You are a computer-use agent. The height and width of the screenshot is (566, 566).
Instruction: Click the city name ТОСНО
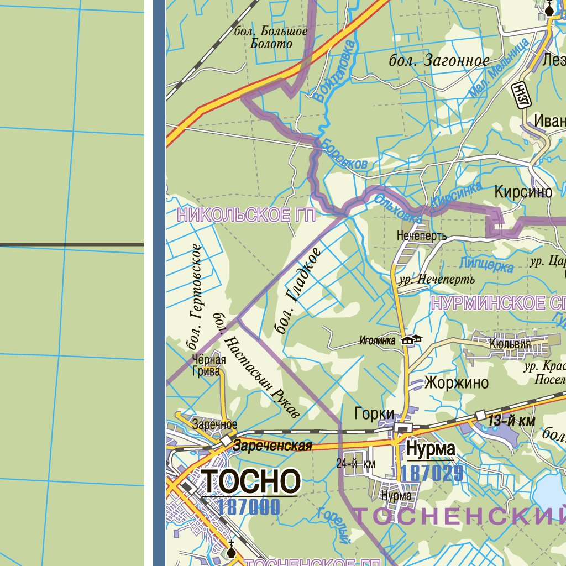(251, 481)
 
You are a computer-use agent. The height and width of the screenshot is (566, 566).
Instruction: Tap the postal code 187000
(249, 507)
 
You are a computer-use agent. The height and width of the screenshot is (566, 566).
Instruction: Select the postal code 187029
(432, 473)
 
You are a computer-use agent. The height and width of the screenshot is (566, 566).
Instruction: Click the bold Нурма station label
(431, 449)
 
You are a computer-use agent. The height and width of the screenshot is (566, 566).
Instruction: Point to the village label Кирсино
(523, 192)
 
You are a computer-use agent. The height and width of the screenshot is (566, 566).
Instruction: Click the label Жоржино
(457, 382)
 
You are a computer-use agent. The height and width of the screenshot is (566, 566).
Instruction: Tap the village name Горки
(374, 413)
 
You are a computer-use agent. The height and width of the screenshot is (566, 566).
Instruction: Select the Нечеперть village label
(421, 236)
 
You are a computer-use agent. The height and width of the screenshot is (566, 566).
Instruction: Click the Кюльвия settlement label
(510, 344)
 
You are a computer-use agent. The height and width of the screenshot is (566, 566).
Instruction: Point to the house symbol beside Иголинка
(412, 339)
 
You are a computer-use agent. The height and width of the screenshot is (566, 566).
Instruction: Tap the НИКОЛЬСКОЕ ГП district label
(246, 216)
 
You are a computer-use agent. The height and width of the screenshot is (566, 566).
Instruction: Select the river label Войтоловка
(332, 71)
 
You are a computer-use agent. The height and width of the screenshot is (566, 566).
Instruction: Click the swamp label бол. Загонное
(439, 61)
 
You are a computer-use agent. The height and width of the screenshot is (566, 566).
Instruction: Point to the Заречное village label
(214, 424)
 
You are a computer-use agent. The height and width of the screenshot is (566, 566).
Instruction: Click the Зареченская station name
(272, 446)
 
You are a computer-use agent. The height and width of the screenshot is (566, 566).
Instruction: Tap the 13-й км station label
(511, 422)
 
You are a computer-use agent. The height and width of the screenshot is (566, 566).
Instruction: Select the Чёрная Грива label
(208, 365)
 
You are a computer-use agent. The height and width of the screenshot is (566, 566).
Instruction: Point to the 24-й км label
(355, 464)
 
